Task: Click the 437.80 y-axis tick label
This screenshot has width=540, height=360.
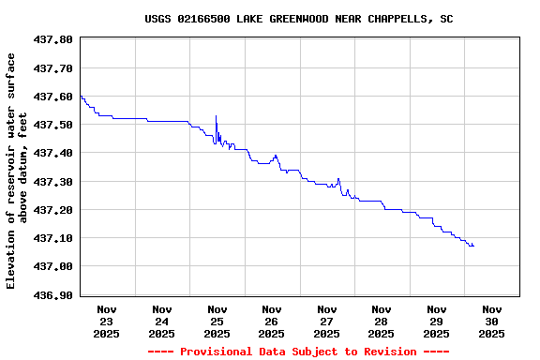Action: (x=52, y=39)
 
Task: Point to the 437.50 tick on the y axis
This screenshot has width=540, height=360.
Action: (x=52, y=125)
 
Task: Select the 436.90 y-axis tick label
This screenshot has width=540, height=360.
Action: (x=52, y=294)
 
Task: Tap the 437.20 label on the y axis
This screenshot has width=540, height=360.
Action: (x=52, y=210)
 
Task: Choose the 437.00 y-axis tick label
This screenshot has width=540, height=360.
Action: (x=52, y=266)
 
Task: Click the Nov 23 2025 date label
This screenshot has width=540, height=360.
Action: (x=107, y=321)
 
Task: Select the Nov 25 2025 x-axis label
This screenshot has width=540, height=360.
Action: (x=217, y=321)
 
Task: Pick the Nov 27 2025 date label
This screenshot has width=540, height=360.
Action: (x=326, y=321)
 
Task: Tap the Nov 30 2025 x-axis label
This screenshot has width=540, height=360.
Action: (x=491, y=321)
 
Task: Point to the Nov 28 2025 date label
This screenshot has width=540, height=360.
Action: (x=382, y=321)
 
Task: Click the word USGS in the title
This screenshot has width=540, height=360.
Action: (x=157, y=19)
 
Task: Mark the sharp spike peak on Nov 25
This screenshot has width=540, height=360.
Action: (x=216, y=115)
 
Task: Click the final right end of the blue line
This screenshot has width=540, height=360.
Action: (x=473, y=246)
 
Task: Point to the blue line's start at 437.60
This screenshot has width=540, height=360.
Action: (x=81, y=96)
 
